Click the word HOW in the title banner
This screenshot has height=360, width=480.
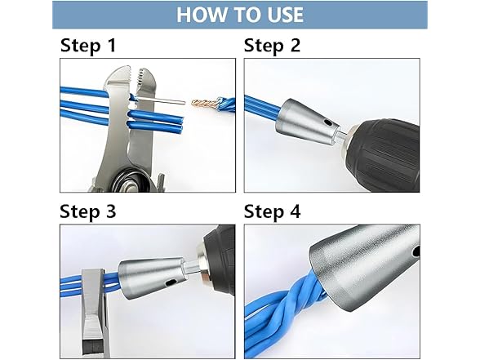[201, 15]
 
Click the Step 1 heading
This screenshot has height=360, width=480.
[93, 46]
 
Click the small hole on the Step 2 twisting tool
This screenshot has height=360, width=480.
[329, 122]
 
